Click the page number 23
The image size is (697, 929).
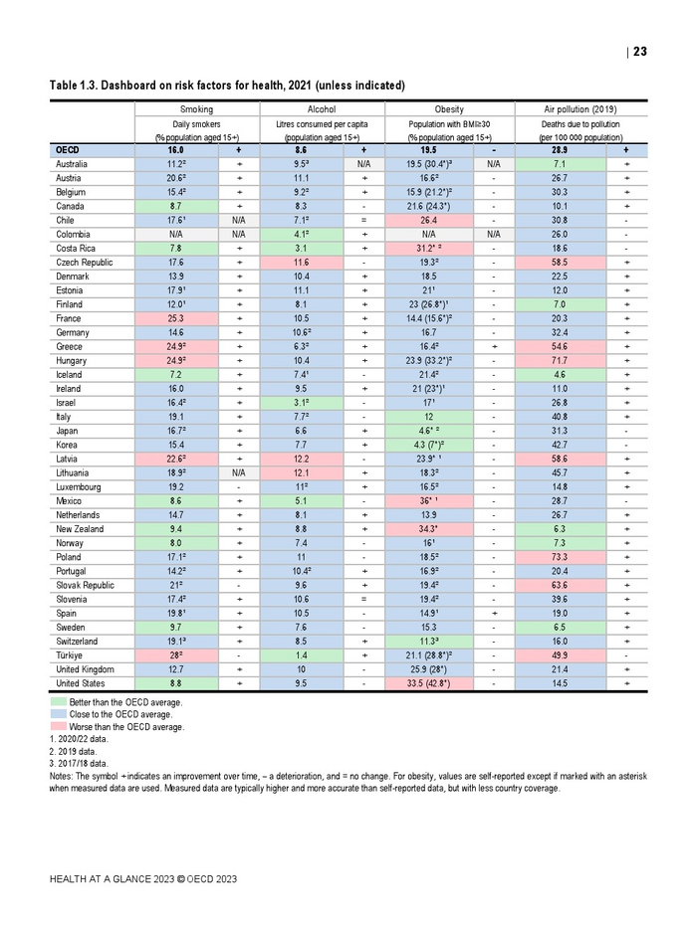click(639, 52)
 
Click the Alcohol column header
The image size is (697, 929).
click(321, 108)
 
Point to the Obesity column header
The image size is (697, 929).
click(449, 108)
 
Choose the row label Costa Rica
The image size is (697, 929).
click(76, 248)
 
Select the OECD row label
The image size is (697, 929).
click(69, 149)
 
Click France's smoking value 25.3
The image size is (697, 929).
click(177, 318)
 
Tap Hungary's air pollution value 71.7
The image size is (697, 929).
click(559, 360)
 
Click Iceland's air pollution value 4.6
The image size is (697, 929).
click(559, 375)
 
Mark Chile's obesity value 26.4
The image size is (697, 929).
click(429, 220)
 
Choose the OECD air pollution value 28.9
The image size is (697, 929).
click(559, 149)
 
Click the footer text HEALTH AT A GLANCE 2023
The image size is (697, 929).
click(143, 879)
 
